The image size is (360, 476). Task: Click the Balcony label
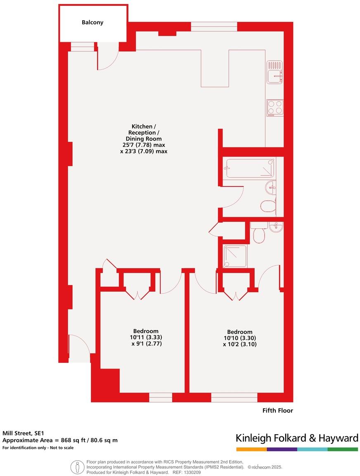point(92,22)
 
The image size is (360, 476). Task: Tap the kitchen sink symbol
point(275,72)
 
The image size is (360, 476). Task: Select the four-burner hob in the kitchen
point(275,108)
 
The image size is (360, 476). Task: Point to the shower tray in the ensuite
point(235,257)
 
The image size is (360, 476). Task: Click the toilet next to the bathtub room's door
point(269,205)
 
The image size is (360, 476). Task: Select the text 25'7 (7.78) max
point(144,145)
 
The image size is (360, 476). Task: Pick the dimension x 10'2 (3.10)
point(240,344)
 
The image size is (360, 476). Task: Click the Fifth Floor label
point(277,410)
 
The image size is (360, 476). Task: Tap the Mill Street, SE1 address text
point(23,433)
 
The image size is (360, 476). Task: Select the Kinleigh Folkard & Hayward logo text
point(296,438)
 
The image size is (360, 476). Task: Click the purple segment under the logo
point(282,449)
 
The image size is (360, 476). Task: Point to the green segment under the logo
point(343,449)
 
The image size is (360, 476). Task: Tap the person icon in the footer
point(77,467)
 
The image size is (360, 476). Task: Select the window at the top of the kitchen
point(214,27)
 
